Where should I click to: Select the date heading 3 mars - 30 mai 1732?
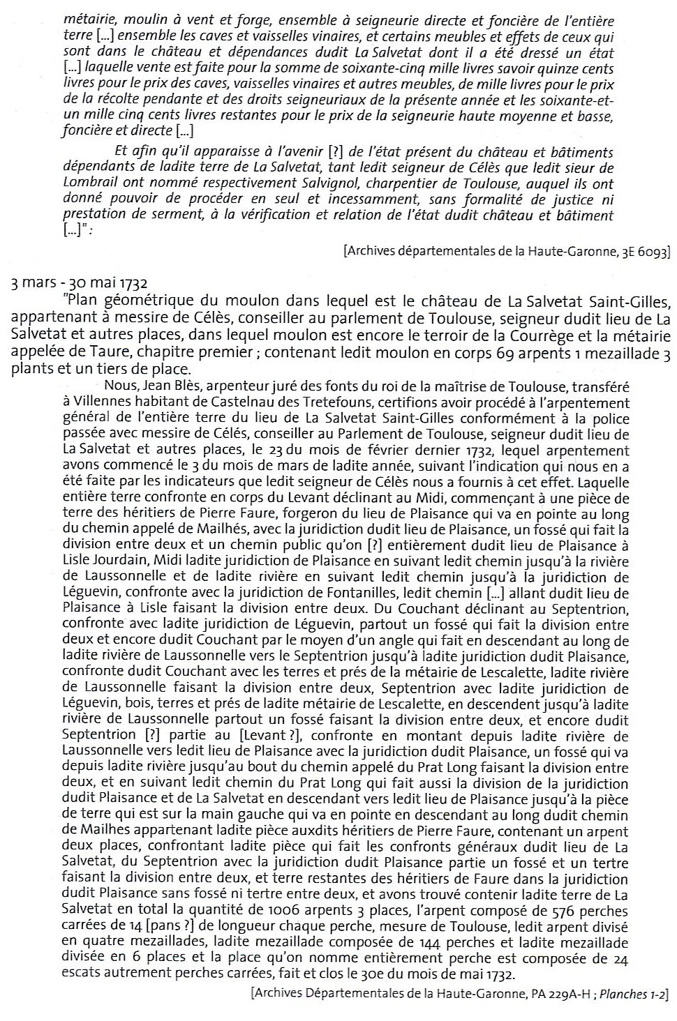[80, 284]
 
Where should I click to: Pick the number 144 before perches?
[391, 943]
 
